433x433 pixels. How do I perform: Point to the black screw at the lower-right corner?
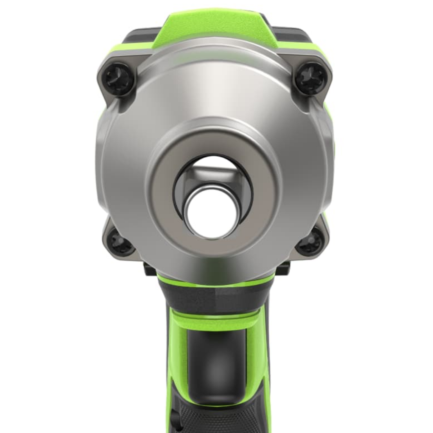[309, 242]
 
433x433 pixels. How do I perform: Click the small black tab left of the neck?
[150, 269]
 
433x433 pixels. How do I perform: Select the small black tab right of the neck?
[283, 269]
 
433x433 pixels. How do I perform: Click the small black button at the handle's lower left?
[173, 418]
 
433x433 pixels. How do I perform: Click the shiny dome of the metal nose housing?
[215, 91]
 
